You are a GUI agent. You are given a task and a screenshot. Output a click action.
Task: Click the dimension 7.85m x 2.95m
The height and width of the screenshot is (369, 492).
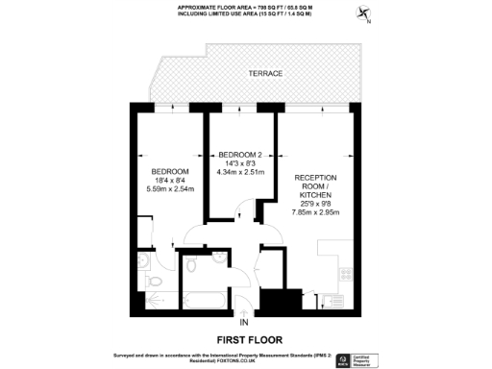[320, 213]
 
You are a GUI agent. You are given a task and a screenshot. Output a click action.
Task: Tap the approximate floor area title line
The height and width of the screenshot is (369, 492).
[246, 6]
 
